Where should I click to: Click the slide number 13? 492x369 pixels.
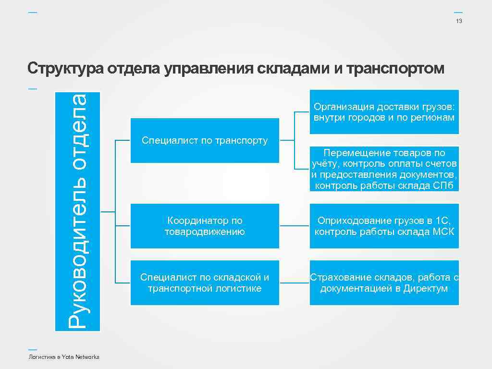pos(459,21)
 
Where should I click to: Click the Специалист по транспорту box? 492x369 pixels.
pos(205,140)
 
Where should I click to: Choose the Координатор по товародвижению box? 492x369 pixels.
pos(205,226)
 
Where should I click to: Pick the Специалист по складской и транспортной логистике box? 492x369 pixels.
pos(205,283)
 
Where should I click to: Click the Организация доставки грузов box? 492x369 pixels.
pos(384,111)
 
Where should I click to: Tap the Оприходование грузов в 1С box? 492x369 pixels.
pos(384,226)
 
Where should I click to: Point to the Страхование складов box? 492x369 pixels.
pos(384,283)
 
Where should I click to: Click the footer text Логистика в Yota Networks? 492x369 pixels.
pos(64,357)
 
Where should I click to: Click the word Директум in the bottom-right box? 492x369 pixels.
pos(425,289)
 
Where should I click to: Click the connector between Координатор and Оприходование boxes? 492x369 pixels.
pos(294,225)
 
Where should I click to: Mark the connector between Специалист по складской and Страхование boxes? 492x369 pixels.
pos(294,282)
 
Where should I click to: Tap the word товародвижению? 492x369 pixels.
pos(205,232)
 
